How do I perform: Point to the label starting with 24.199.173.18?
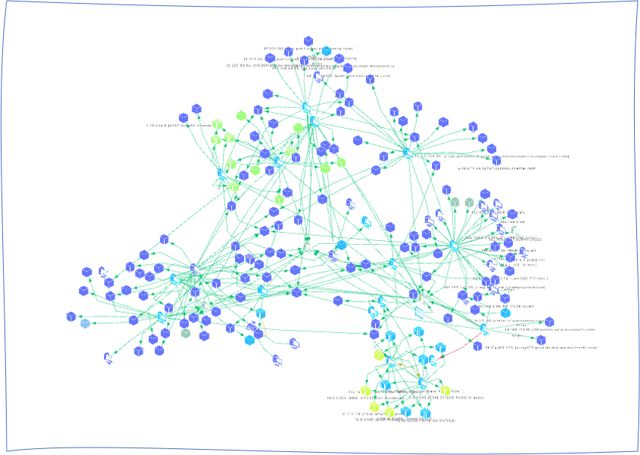click(x=550, y=329)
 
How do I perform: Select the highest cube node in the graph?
click(x=308, y=41)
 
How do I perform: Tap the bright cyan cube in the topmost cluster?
click(x=326, y=52)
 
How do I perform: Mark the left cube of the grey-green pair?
click(x=454, y=202)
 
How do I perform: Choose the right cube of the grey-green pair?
click(x=469, y=202)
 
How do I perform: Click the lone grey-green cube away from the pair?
click(x=185, y=333)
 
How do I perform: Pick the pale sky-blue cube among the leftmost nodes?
click(x=85, y=323)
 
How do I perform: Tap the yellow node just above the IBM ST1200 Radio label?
click(x=445, y=390)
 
